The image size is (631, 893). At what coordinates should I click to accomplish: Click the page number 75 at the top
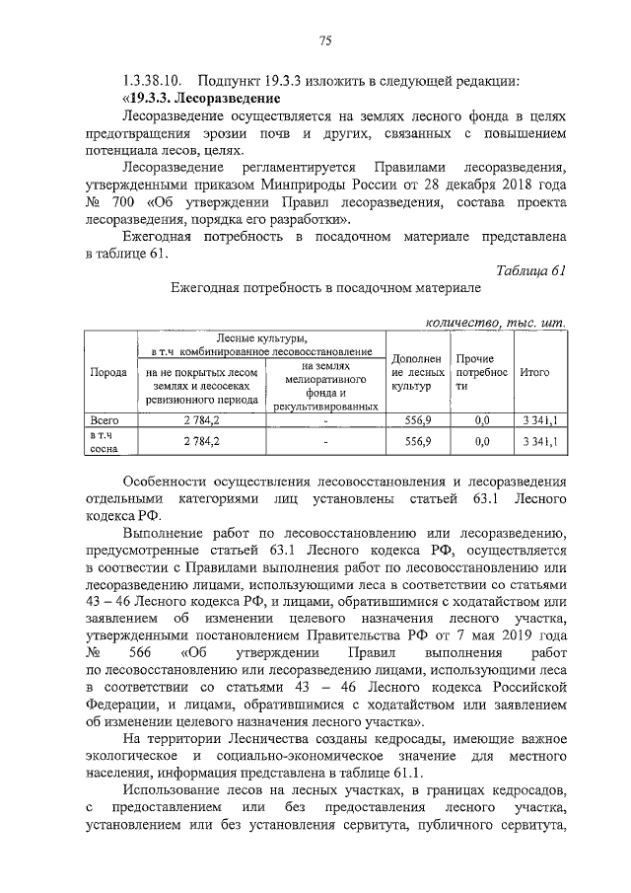coord(324,40)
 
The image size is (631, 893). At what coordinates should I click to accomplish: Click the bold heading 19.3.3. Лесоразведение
coord(203,99)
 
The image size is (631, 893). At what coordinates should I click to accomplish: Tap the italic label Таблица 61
coord(532,270)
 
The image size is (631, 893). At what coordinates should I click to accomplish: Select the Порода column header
coord(107,374)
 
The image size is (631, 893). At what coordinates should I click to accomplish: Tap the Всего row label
coord(105,420)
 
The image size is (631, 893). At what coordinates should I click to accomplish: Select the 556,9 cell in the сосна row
coord(417,442)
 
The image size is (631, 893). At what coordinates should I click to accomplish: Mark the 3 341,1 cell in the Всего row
coord(541,420)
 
